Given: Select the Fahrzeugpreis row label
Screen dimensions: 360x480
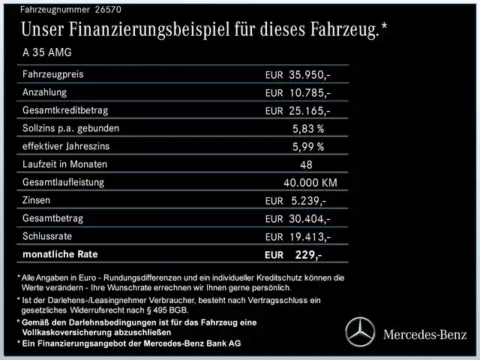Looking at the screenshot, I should click(53, 74).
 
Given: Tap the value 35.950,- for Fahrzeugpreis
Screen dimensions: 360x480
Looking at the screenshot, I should click(309, 76).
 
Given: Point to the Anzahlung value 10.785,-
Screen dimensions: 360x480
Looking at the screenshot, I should click(309, 93).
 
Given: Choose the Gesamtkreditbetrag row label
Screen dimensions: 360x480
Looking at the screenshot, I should click(65, 110).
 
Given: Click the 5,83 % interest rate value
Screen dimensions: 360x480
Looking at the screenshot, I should click(308, 129).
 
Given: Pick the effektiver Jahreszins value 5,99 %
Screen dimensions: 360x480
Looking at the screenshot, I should click(308, 146).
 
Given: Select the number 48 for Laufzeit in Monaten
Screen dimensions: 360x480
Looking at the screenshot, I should click(306, 164).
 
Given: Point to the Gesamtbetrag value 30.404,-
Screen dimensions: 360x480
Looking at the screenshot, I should click(309, 219).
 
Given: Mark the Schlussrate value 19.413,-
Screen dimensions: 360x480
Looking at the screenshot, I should click(309, 237).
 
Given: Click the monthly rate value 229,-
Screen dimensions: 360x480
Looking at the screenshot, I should click(308, 255).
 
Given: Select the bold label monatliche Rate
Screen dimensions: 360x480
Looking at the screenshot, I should click(61, 254).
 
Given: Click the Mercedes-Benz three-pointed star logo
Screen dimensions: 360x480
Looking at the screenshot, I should click(359, 332).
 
